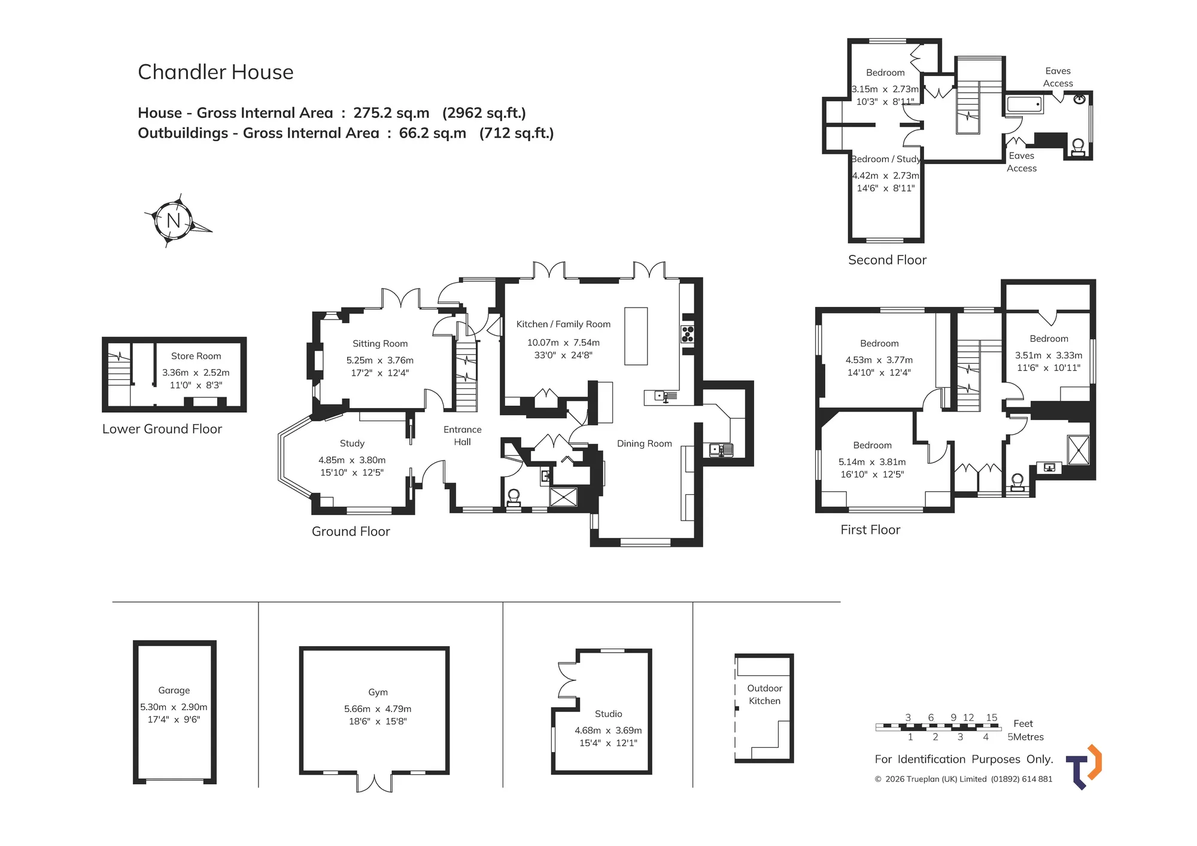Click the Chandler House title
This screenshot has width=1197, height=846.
[215, 72]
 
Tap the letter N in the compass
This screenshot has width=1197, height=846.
[174, 221]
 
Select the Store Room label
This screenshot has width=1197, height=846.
[196, 356]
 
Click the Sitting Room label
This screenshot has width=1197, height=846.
[380, 343]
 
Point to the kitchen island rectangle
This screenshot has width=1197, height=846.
[636, 336]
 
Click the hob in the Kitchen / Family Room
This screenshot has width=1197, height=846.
[688, 334]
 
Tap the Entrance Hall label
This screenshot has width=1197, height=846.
[463, 436]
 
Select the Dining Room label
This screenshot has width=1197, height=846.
[645, 443]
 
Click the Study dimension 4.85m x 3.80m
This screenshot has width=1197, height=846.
[352, 460]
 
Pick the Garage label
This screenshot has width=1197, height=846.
[174, 690]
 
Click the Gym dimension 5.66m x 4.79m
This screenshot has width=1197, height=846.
[378, 709]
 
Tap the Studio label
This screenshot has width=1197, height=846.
[609, 714]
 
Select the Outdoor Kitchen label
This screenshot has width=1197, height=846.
[765, 695]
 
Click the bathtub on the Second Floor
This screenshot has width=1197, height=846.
[1025, 105]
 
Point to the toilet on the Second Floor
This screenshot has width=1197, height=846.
[1078, 148]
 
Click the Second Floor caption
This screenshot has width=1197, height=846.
[888, 260]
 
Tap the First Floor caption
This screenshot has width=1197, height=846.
[870, 529]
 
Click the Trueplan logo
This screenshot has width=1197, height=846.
[1084, 767]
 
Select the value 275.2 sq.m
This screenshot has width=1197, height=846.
[391, 113]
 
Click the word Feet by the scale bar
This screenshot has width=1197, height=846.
[1023, 723]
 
